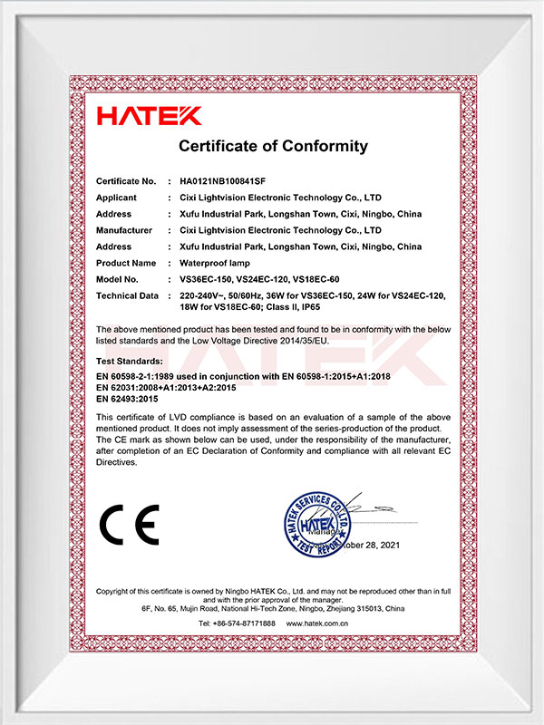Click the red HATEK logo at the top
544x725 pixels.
(x=150, y=115)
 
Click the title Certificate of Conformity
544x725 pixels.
(x=273, y=146)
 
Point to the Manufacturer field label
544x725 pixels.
(x=124, y=230)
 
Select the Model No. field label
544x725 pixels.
(x=118, y=279)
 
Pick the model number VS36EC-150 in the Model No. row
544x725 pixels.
(x=206, y=279)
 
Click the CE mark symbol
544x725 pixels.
(x=129, y=524)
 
